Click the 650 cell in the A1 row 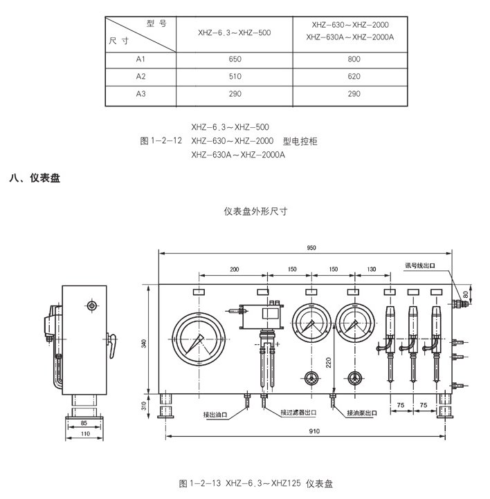[235, 60]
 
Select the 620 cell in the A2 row [354, 77]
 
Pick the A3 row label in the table [141, 93]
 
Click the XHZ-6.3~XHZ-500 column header [235, 32]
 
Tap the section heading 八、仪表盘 [35, 178]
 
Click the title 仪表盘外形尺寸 [255, 211]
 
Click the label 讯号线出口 [421, 264]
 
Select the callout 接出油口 [215, 414]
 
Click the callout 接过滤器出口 [298, 413]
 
